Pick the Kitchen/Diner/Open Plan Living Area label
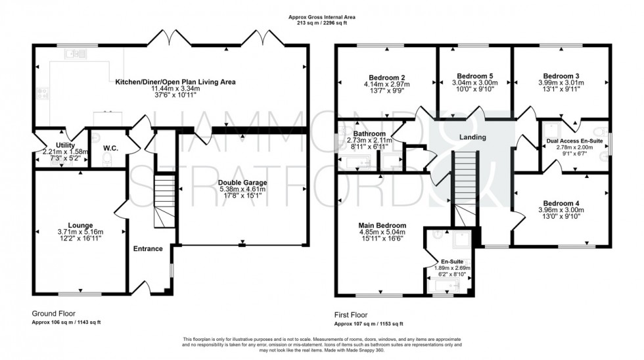(175, 82)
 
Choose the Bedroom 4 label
(561, 202)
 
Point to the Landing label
(472, 137)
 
